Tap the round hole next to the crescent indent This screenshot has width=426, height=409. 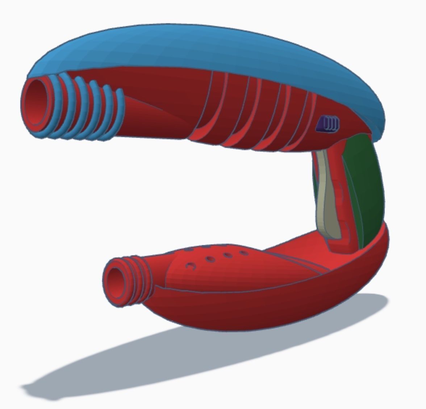210,260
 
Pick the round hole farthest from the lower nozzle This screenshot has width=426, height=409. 244,252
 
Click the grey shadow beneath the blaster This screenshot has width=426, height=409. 145,363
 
